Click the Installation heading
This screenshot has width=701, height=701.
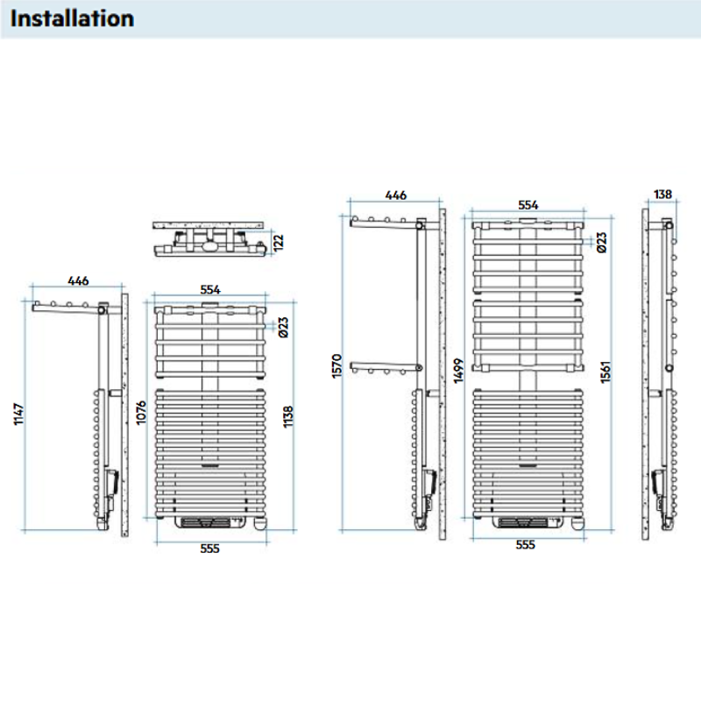pyautogui.click(x=73, y=18)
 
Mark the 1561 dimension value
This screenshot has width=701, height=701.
pyautogui.click(x=605, y=371)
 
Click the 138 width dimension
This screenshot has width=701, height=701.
pyautogui.click(x=663, y=195)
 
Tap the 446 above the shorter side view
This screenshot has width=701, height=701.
pyautogui.click(x=78, y=281)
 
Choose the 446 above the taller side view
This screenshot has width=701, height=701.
pyautogui.click(x=395, y=195)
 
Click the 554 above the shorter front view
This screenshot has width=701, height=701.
pyautogui.click(x=209, y=288)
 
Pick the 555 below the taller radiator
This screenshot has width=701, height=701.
pyautogui.click(x=525, y=545)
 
